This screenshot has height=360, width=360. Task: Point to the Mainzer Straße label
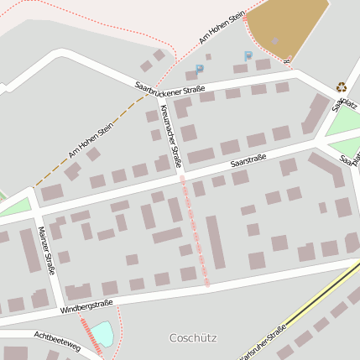click(x=47, y=250)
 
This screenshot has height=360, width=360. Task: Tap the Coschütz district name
click(x=193, y=338)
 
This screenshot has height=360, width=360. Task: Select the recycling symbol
click(x=342, y=86)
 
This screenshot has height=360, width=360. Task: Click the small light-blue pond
click(x=102, y=334)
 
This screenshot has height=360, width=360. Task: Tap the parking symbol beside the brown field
click(x=248, y=56)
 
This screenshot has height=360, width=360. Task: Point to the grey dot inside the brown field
click(x=274, y=39)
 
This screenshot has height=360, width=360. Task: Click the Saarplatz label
click(x=344, y=103)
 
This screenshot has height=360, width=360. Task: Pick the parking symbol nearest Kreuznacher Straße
click(x=199, y=70)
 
